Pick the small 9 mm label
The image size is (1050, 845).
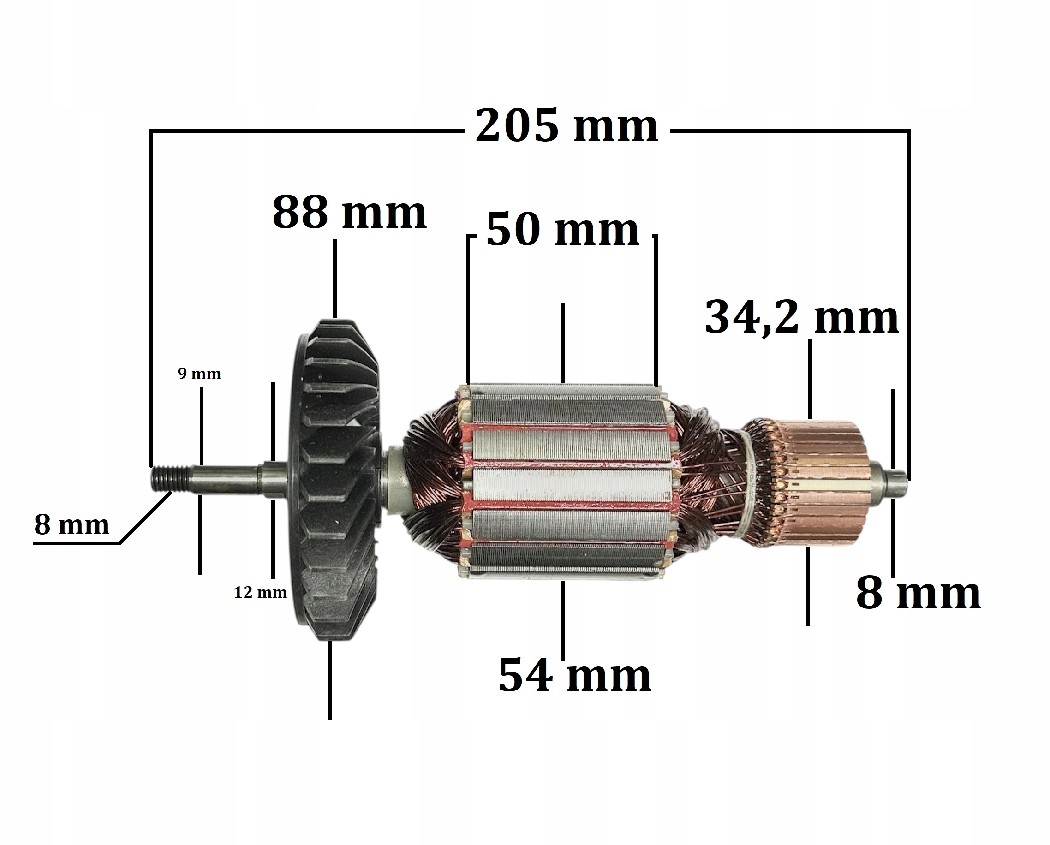pos(199,374)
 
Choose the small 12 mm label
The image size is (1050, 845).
pos(260,593)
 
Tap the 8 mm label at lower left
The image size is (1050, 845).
pos(72,525)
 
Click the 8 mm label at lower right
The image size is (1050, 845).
pos(919,594)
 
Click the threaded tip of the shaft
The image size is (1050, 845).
pos(169,478)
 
